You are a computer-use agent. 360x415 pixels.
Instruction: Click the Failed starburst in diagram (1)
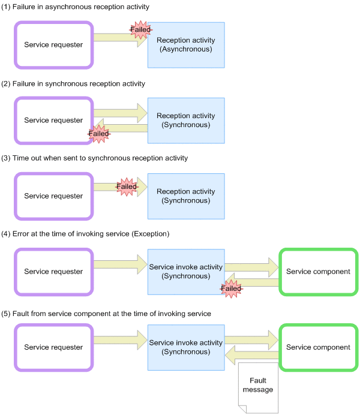tap(140, 30)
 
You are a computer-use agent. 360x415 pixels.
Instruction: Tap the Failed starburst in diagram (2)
tap(98, 134)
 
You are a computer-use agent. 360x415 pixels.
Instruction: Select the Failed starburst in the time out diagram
tap(127, 187)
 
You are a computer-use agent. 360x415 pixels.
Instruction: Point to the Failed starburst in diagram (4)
tap(231, 288)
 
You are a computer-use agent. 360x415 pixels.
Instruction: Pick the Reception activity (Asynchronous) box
tap(186, 45)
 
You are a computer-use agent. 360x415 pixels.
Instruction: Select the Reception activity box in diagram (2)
tap(186, 121)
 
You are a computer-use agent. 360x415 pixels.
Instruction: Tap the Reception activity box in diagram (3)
tap(186, 196)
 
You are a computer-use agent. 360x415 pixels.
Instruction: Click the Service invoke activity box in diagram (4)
tap(186, 272)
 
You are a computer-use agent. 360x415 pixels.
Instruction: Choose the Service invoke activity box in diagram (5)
tap(186, 347)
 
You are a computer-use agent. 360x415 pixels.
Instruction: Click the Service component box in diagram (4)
tap(318, 272)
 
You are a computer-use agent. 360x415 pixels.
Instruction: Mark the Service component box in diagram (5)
tap(318, 347)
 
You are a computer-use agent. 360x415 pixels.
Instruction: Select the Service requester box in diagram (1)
tap(53, 45)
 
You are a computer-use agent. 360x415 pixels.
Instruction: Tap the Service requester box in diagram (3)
tap(53, 196)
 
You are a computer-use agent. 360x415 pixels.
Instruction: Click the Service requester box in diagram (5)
tap(53, 347)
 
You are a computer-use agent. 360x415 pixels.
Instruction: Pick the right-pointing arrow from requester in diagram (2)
tap(120, 112)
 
